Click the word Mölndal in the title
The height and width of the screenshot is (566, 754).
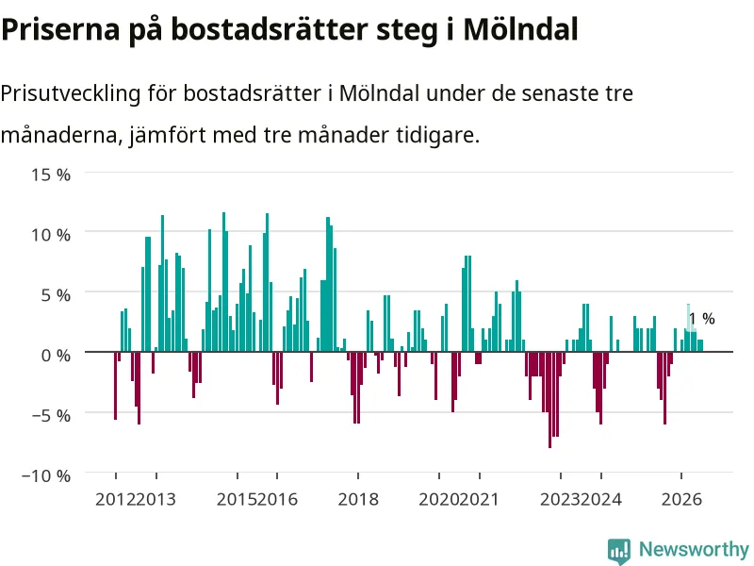coord(520,29)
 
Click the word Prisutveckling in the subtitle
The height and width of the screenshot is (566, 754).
coord(70,93)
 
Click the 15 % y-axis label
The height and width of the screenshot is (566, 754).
coord(51,175)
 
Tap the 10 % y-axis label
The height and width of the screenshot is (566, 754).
coord(51,235)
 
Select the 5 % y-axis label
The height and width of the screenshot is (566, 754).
coord(56,295)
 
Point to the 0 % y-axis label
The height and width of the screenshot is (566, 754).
coord(56,356)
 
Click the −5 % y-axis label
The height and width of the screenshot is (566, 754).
coord(51,415)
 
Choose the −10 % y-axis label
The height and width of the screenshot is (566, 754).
coord(46,476)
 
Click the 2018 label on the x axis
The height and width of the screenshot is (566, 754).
coord(358,499)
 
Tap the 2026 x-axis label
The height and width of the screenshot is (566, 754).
coord(681,499)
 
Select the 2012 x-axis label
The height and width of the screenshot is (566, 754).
coord(115,499)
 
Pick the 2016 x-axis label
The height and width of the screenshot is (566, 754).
coord(277,499)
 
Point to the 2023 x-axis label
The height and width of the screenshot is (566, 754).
coord(560,499)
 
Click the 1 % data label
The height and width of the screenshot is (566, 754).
coord(701,319)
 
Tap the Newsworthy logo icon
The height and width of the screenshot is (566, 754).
coord(619,551)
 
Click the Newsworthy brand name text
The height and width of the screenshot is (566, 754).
coord(694,549)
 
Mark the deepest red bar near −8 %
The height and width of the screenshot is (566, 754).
coord(549,400)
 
